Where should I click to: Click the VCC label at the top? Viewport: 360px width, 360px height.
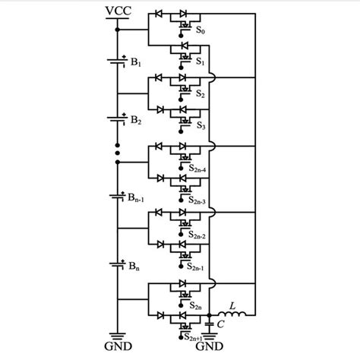pyautogui.click(x=117, y=12)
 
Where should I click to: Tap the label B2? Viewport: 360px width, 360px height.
pyautogui.click(x=137, y=121)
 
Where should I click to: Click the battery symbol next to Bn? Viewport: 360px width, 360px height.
pyautogui.click(x=118, y=265)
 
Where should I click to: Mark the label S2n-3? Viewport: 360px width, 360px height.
pyautogui.click(x=204, y=201)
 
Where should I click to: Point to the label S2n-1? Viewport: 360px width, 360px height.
pyautogui.click(x=204, y=267)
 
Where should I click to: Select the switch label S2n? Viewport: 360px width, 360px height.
pyautogui.click(x=201, y=307)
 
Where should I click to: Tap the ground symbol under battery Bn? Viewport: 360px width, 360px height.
pyautogui.click(x=118, y=336)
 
